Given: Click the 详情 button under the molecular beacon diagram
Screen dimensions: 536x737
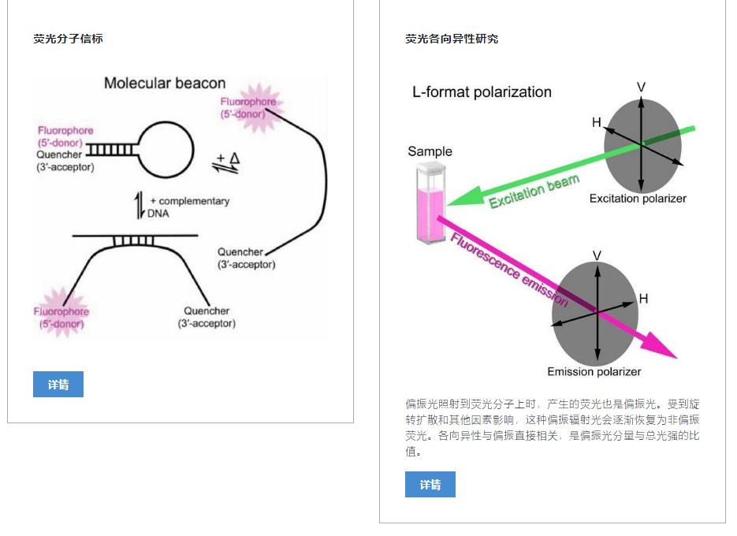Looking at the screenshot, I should pyautogui.click(x=58, y=385).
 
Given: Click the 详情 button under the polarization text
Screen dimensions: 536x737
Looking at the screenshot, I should pyautogui.click(x=430, y=485).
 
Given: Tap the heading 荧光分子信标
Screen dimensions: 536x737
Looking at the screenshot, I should pyautogui.click(x=68, y=39).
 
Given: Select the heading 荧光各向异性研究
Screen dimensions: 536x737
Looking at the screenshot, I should pyautogui.click(x=452, y=39).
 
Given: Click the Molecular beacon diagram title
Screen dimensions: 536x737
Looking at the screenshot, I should pyautogui.click(x=165, y=84).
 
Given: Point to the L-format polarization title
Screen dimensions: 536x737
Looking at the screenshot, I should pyautogui.click(x=482, y=92).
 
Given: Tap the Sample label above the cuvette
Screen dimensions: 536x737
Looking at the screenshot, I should pyautogui.click(x=430, y=151).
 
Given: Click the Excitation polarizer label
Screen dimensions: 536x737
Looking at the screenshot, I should pyautogui.click(x=637, y=199).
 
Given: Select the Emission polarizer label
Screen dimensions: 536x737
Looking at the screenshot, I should pyautogui.click(x=594, y=371).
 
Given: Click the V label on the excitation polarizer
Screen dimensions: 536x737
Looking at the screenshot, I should pyautogui.click(x=641, y=87).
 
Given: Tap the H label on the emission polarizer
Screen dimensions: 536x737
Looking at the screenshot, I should pyautogui.click(x=643, y=299).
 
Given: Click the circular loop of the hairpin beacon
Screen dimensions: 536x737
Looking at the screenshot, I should pyautogui.click(x=166, y=148).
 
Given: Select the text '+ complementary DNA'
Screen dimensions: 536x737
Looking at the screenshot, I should pyautogui.click(x=188, y=207).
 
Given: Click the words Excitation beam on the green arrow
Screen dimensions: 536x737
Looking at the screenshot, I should pyautogui.click(x=534, y=192).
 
